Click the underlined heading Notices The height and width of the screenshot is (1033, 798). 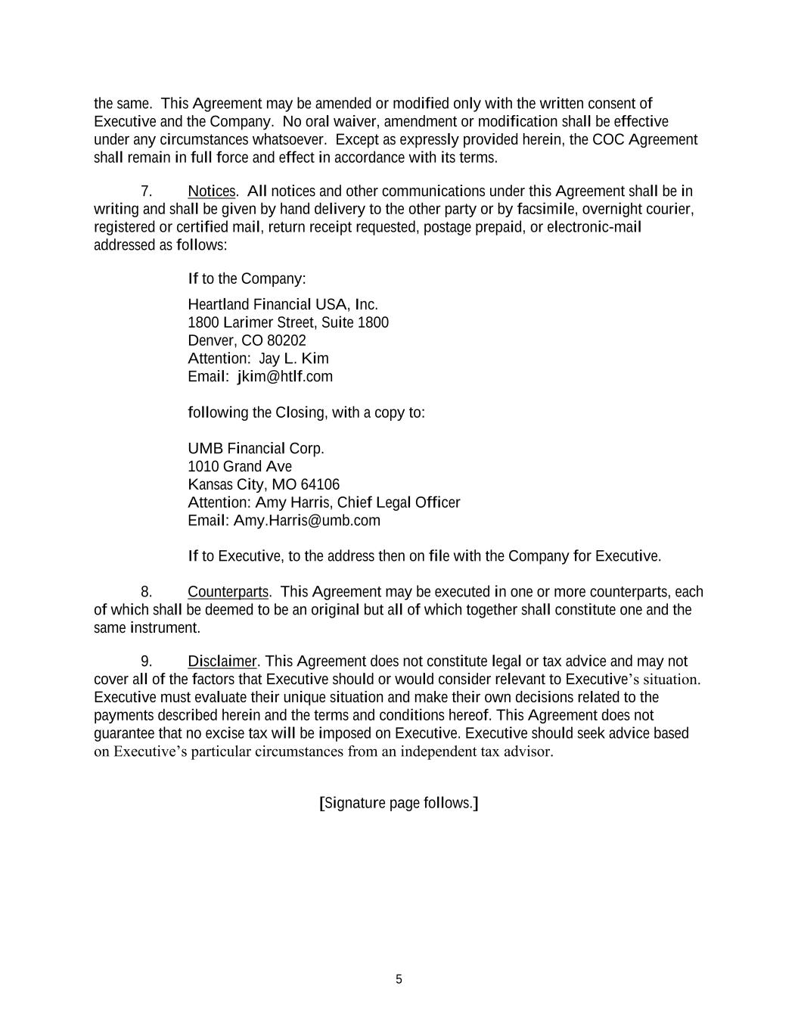[212, 191]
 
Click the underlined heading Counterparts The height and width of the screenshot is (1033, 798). [228, 592]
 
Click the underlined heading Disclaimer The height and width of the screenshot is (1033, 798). [222, 661]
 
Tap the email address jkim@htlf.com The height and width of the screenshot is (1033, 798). [284, 377]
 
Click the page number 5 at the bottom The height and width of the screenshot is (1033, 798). [399, 979]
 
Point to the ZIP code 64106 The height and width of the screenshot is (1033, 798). [320, 484]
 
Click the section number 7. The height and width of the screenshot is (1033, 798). [147, 191]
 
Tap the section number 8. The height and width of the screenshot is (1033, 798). [147, 592]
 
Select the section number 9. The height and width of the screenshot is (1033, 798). [147, 661]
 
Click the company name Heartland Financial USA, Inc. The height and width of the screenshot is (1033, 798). [282, 304]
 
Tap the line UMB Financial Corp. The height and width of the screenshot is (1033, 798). [256, 449]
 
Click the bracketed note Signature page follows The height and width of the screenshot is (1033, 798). [399, 803]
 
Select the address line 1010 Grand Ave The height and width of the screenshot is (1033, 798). [239, 466]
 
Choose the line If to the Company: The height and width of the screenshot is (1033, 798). [247, 279]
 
